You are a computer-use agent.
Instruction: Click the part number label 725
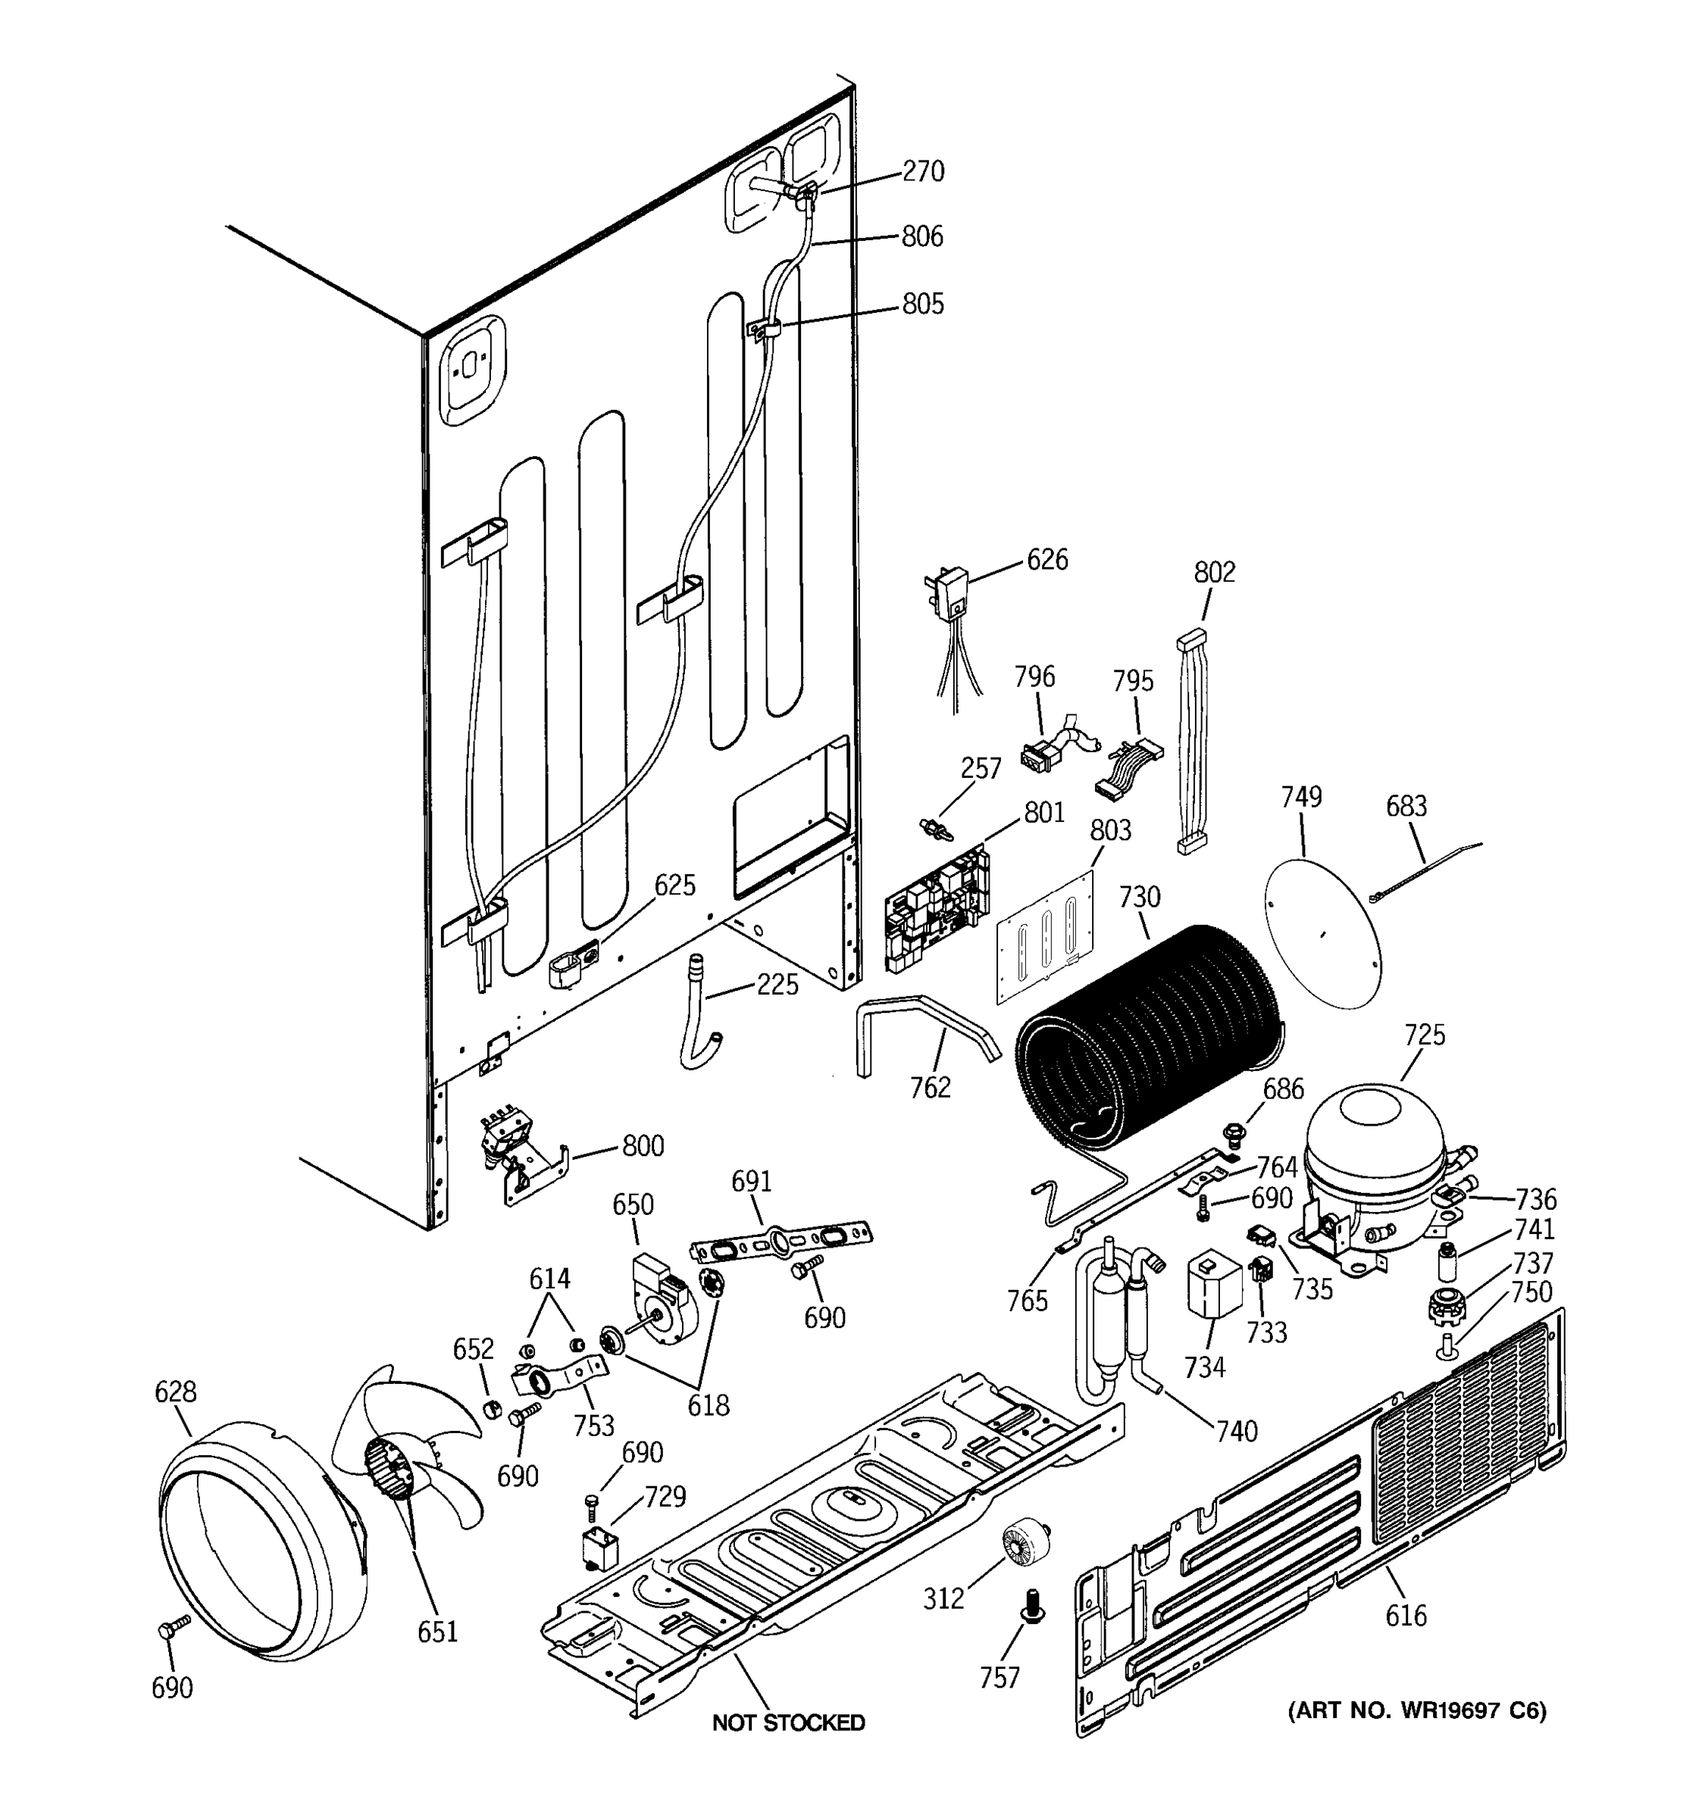pyautogui.click(x=1424, y=1036)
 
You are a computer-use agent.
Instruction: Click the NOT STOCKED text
pyautogui.click(x=789, y=1723)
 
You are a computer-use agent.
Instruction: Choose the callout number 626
pyautogui.click(x=1046, y=560)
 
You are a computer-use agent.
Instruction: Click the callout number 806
pyautogui.click(x=922, y=237)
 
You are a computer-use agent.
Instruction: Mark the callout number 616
pyautogui.click(x=1405, y=1616)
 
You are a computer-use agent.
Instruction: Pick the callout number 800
pyautogui.click(x=643, y=1146)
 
